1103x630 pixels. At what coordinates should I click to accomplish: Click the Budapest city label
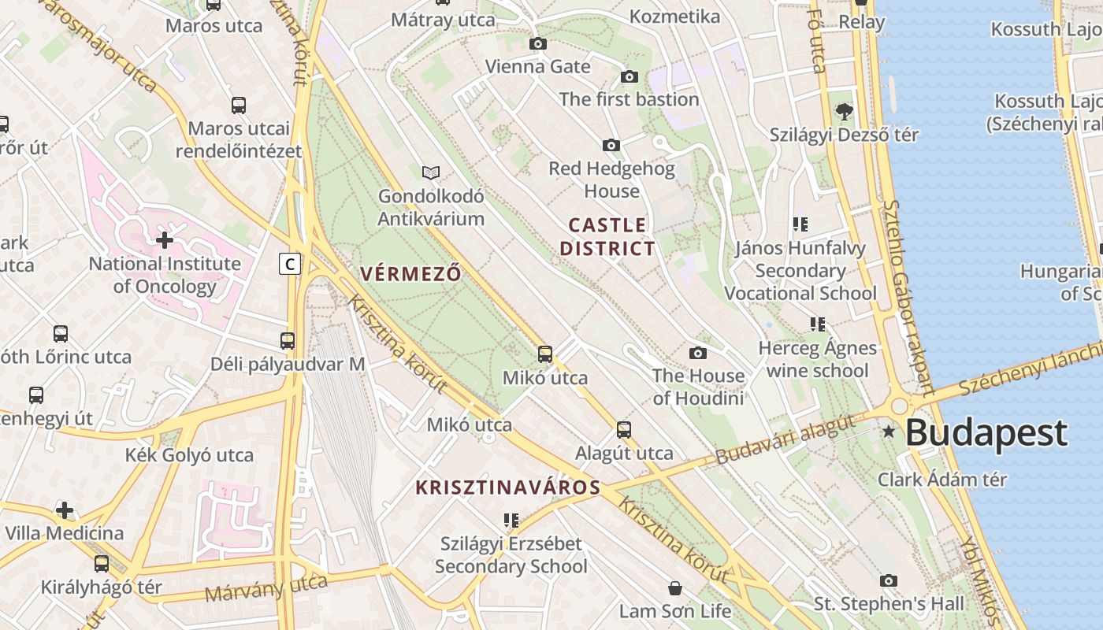point(986,433)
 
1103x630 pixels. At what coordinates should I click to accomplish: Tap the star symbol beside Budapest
point(889,431)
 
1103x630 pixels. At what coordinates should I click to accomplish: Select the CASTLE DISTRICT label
point(607,237)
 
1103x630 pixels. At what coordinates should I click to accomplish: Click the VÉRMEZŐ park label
point(410,274)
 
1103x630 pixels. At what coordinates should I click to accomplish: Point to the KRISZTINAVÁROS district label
point(508,487)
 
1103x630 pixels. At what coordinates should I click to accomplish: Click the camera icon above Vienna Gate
point(538,44)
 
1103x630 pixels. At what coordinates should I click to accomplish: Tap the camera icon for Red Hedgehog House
point(611,146)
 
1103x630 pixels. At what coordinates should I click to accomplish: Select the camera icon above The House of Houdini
point(697,353)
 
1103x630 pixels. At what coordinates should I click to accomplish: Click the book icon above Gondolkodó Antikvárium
point(430,172)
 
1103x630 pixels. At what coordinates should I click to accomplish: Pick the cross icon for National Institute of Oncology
point(165,239)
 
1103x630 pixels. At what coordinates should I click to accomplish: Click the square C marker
point(290,263)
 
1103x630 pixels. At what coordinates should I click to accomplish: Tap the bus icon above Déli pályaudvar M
point(288,341)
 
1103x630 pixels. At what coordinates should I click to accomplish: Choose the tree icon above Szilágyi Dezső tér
point(844,112)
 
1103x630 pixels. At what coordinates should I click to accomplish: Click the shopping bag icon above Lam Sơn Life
point(675,588)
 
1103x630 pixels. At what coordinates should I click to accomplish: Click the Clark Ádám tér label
point(942,479)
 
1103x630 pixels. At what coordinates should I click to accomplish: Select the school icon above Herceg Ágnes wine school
point(818,324)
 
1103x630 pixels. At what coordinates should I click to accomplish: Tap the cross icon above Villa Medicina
point(65,510)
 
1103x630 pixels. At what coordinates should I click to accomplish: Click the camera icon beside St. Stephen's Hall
point(889,581)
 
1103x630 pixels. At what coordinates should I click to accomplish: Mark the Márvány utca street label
point(266,587)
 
